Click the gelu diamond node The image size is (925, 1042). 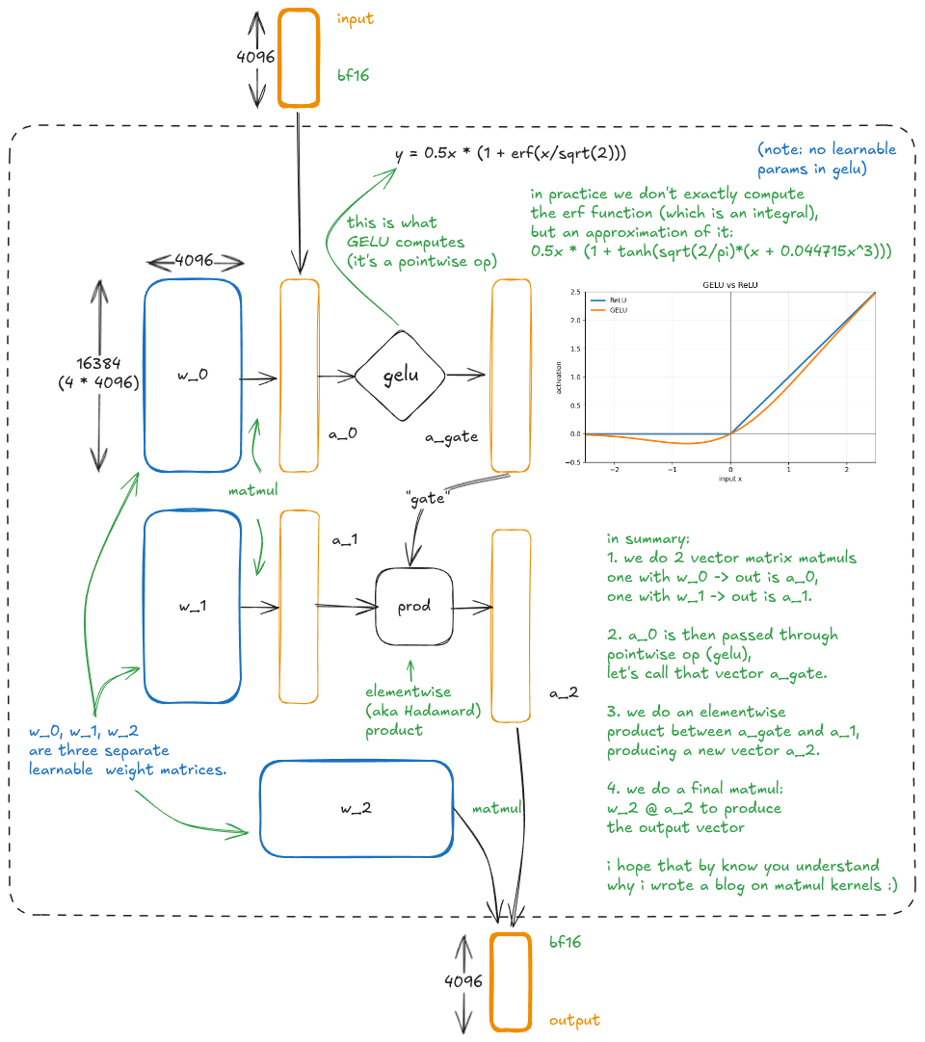pos(400,376)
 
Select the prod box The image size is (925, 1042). pos(413,606)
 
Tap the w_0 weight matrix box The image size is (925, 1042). pos(193,376)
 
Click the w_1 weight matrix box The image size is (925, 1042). pos(193,606)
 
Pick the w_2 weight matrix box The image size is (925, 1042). pos(357,809)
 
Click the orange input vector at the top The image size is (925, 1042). pos(299,58)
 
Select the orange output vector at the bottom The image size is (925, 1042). pos(511,981)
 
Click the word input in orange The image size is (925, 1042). pos(356,18)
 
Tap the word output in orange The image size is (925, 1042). pos(574,1020)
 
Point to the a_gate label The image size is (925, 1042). pos(452,437)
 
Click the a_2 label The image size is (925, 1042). pos(564,693)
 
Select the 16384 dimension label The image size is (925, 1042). pos(98,363)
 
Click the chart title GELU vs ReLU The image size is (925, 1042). pos(730,285)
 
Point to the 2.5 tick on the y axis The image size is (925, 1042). pos(575,292)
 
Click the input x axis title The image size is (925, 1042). pos(730,479)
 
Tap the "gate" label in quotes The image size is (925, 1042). pos(427,499)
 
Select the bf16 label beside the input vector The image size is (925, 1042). pos(353,75)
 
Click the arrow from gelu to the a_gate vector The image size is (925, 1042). pos(465,375)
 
